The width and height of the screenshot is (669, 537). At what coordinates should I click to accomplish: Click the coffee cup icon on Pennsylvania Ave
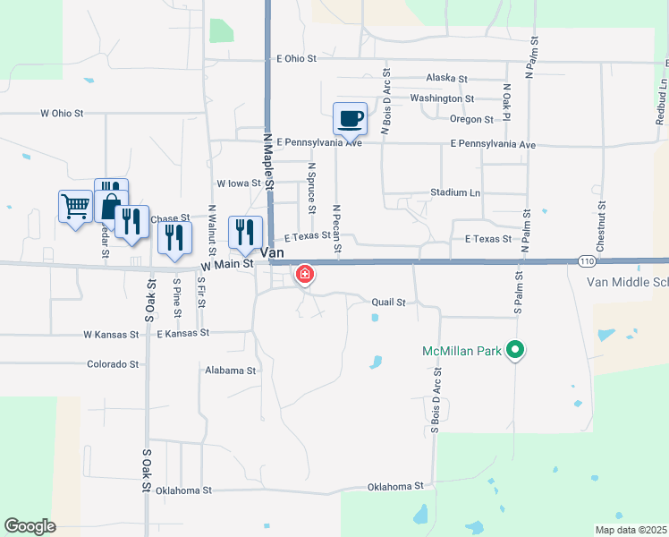point(350,118)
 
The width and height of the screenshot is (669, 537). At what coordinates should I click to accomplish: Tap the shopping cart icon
point(75,206)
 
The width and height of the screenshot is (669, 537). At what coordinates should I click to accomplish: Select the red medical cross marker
point(305,274)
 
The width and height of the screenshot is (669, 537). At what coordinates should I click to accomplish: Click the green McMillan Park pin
point(514,350)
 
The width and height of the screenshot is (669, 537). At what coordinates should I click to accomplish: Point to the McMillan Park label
point(461,350)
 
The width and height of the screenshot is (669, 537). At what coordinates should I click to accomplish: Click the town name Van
point(272,253)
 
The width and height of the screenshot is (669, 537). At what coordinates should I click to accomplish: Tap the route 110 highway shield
point(587,260)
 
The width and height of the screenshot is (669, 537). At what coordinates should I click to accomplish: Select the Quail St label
point(389,303)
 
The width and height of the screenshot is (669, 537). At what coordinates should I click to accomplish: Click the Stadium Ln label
point(454,192)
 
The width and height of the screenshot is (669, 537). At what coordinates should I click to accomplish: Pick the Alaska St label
point(447,78)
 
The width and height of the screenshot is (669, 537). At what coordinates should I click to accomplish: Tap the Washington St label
point(442,98)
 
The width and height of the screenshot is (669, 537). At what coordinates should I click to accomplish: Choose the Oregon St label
point(471,119)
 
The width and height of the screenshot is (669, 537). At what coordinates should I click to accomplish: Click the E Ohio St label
point(297,58)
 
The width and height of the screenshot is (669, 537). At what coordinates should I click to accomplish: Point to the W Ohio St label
point(62,114)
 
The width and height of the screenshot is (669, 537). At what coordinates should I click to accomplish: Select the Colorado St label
point(113,364)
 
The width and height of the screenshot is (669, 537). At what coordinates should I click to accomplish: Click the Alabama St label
point(230,370)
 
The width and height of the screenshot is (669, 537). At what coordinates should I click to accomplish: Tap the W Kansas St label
point(111,334)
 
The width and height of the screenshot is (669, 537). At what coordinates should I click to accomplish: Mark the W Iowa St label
point(238,183)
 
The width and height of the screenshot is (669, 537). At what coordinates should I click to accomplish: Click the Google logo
point(30,526)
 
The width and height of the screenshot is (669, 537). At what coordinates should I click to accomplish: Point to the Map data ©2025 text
point(631,530)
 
